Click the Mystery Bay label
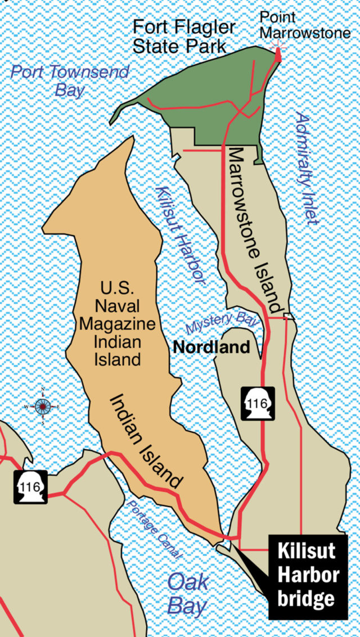(222, 323)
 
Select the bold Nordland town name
(211, 347)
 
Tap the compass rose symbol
(43, 406)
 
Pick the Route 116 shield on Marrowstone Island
(258, 403)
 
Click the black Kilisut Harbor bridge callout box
(308, 576)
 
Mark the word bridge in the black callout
(306, 598)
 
